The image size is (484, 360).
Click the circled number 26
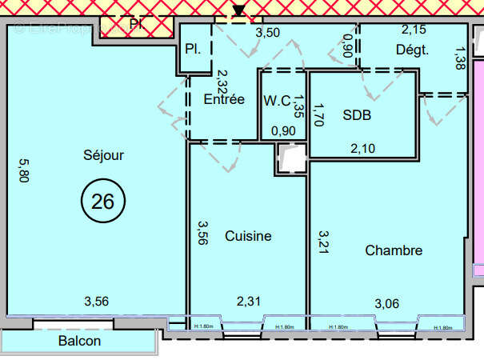[102, 201]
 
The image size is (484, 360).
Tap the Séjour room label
[103, 155]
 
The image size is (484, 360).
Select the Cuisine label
[248, 236]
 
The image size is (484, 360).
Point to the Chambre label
[394, 250]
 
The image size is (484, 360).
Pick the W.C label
[277, 101]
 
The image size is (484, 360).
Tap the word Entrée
[224, 100]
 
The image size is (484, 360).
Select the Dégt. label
[412, 50]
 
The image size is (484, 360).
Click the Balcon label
[79, 341]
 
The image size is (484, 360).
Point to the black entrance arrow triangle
[238, 10]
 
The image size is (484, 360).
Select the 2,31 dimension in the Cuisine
[249, 302]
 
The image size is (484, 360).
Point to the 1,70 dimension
[318, 117]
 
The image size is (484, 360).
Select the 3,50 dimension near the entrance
[268, 34]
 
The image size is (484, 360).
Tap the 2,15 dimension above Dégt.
[414, 30]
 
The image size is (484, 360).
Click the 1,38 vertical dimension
[458, 58]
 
